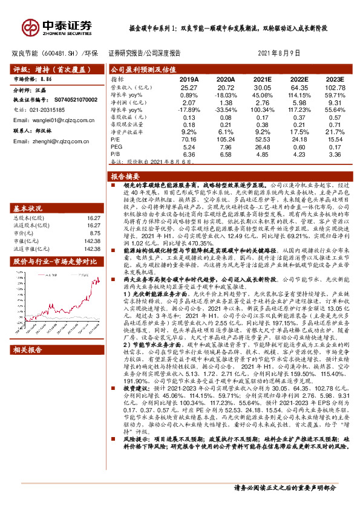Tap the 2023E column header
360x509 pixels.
[333, 79]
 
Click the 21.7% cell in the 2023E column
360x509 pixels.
[333, 131]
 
